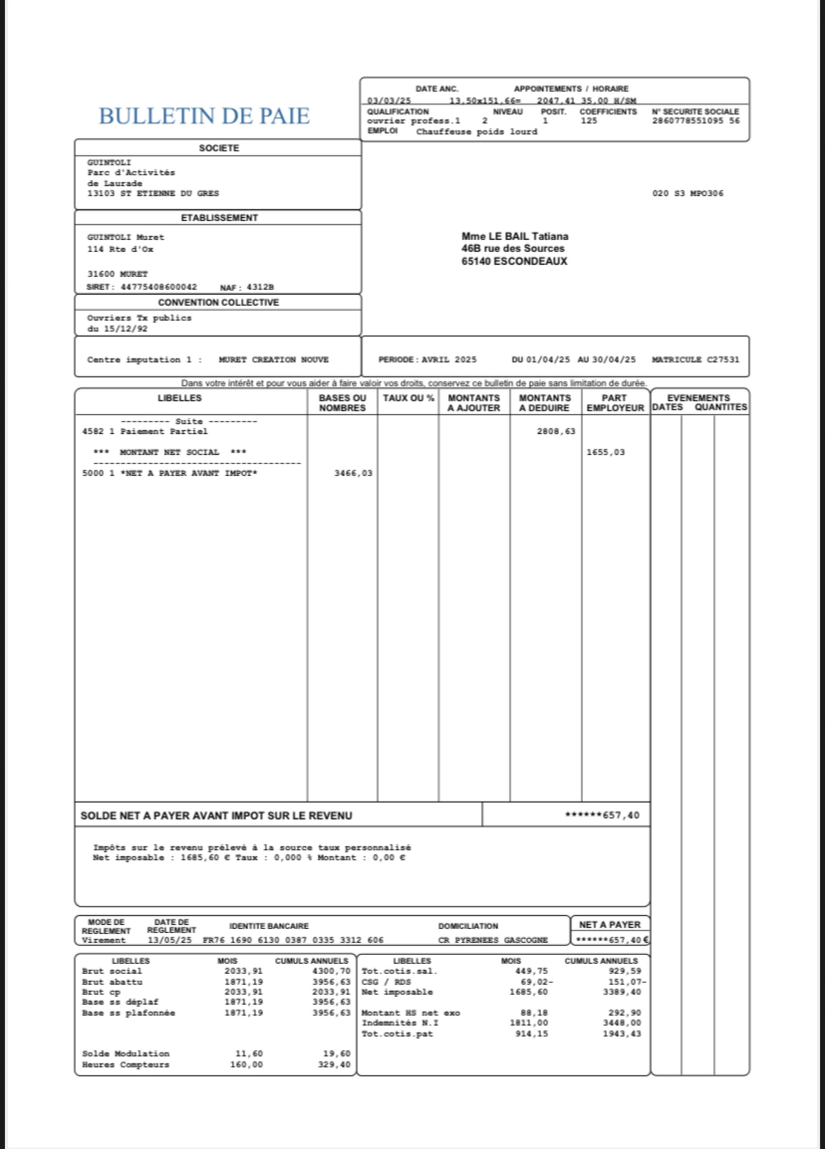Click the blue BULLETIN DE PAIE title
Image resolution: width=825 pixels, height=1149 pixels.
pos(204,116)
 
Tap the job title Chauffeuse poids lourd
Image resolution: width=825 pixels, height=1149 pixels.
pos(476,132)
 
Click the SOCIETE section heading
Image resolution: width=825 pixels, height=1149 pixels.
pos(218,148)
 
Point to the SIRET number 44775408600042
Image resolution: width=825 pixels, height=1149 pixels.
pos(159,287)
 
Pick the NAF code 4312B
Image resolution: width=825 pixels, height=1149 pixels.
pos(260,287)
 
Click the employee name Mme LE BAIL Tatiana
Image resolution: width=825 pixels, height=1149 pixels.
pos(514,236)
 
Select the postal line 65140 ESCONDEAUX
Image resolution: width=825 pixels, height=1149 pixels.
pos(514,261)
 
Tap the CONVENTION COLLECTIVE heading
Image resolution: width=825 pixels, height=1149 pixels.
pos(218,303)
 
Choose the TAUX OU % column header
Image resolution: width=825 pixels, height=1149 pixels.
pos(408,398)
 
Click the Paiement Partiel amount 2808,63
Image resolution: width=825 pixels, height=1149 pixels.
pos(556,432)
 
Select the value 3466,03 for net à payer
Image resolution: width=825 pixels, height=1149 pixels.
pos(353,473)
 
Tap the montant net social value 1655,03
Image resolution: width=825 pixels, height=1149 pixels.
pos(606,452)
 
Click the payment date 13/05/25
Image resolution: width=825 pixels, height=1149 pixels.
pos(170,940)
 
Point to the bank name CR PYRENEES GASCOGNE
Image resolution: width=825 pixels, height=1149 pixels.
pos(493,940)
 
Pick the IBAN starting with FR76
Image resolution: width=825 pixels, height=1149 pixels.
pos(293,940)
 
